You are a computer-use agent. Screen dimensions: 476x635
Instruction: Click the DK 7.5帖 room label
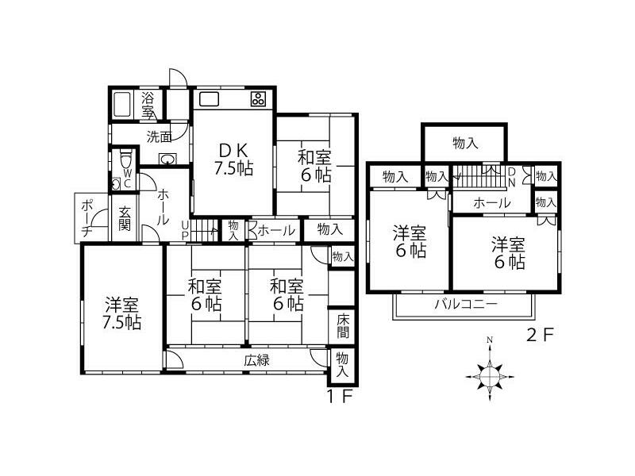pos(233,158)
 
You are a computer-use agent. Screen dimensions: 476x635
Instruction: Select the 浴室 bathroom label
pos(148,105)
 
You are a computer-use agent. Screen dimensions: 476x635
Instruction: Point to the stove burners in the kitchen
pos(259,100)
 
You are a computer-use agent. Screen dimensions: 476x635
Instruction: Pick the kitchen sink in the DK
pos(210,99)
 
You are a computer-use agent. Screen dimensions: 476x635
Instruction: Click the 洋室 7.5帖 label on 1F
pos(122,313)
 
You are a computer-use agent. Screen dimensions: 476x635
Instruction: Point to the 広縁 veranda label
pos(256,360)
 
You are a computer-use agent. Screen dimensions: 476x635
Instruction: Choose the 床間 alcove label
pos(343,325)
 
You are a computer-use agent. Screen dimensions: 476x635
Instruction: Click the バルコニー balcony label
pos(465,305)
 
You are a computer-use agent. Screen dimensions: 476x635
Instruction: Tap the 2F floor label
pos(540,334)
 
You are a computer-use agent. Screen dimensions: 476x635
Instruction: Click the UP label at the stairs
pos(185,229)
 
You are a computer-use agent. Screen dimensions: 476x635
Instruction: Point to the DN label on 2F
pos(512,176)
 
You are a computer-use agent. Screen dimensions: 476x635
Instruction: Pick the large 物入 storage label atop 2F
pos(464,143)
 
